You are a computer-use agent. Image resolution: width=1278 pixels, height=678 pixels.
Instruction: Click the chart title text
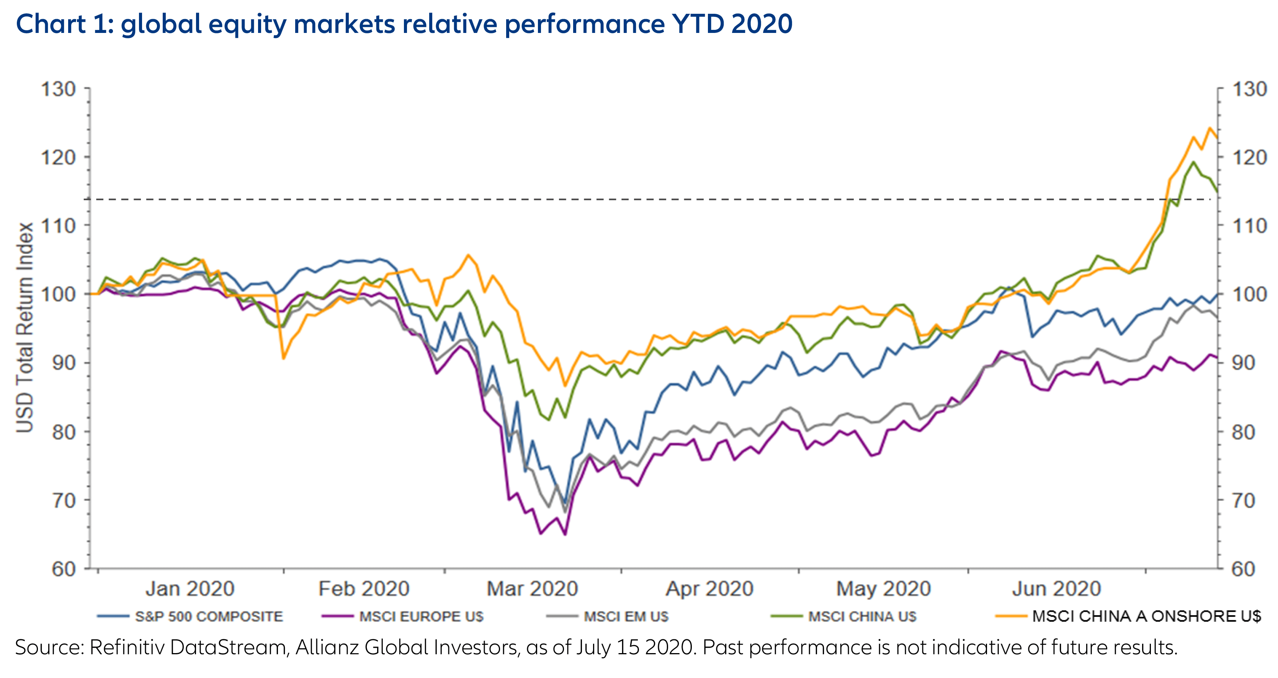(404, 24)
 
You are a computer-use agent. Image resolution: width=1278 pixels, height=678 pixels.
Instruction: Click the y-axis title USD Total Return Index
(25, 327)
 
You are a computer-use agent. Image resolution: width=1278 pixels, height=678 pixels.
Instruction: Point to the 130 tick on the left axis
(58, 89)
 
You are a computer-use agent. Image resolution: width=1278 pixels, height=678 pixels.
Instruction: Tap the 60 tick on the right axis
(1243, 569)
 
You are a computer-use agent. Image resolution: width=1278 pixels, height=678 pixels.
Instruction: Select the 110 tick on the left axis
(58, 226)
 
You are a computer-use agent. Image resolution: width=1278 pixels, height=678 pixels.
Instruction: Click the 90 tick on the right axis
(1243, 363)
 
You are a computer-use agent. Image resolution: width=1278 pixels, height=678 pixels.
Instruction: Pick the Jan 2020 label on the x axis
(190, 589)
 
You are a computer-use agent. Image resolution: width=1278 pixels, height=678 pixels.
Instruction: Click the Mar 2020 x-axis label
(532, 589)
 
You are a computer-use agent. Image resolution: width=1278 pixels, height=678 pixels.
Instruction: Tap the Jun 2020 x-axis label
(1056, 589)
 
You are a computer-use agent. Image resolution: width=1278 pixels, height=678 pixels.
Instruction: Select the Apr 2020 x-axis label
(709, 589)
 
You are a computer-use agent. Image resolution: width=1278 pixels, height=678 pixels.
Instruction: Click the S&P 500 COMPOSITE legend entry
(208, 616)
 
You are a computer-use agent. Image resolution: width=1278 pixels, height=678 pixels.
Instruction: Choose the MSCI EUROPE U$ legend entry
(421, 616)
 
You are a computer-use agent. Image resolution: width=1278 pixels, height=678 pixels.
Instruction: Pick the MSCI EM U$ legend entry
(626, 616)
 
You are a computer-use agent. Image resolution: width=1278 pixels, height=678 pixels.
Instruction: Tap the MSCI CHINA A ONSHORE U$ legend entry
(1146, 616)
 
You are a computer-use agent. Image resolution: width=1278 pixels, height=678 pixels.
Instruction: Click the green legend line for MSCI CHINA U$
(786, 616)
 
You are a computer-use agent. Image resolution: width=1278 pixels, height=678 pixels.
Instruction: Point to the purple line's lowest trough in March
(565, 534)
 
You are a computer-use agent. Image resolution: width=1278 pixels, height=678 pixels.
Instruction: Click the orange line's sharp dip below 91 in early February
(283, 358)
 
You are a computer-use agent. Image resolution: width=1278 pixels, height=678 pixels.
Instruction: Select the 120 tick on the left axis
(58, 158)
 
